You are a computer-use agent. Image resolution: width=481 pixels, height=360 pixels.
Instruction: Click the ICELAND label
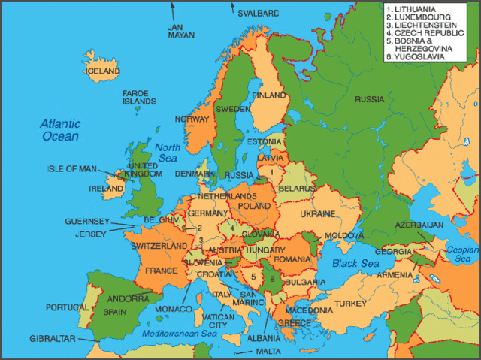coord(104,71)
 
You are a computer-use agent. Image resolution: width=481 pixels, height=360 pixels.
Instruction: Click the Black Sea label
coord(354,264)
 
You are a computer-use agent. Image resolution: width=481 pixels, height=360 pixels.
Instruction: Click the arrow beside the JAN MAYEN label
coord(172,11)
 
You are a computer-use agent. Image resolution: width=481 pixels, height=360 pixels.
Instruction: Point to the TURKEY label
coord(349,303)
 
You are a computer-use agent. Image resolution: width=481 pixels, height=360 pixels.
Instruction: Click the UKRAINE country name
coord(317,214)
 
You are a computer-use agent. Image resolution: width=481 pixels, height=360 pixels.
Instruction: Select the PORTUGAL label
coord(67,307)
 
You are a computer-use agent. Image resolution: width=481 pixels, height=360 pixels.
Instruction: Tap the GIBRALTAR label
coord(53,339)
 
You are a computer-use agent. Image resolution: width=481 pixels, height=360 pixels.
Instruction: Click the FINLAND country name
coord(269,95)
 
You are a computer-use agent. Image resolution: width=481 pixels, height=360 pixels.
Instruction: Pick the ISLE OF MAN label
coord(73,169)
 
